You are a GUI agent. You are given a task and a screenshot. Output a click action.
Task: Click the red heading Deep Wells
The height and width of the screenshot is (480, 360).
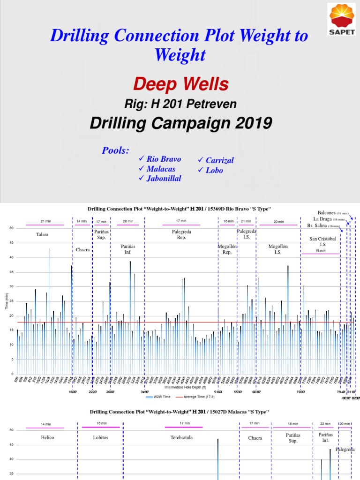click(180, 84)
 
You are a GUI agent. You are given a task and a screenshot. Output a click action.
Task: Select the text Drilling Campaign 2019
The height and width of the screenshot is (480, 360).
click(180, 123)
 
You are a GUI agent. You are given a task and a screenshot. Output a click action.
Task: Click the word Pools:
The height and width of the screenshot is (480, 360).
click(115, 150)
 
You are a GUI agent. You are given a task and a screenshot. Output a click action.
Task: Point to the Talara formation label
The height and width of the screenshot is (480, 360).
click(42, 234)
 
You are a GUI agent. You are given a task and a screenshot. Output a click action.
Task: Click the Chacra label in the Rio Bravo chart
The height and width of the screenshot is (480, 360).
click(82, 250)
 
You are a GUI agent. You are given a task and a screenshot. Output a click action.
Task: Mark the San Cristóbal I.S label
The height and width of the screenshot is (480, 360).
click(322, 241)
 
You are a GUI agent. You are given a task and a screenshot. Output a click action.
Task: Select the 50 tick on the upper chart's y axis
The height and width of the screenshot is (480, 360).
click(11, 228)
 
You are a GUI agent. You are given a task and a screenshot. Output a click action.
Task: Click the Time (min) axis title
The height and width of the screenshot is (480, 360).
click(7, 301)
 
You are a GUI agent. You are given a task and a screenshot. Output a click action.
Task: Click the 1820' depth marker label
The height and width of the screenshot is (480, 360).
click(73, 391)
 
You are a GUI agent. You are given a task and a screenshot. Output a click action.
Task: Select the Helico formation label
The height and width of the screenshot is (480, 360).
click(47, 437)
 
